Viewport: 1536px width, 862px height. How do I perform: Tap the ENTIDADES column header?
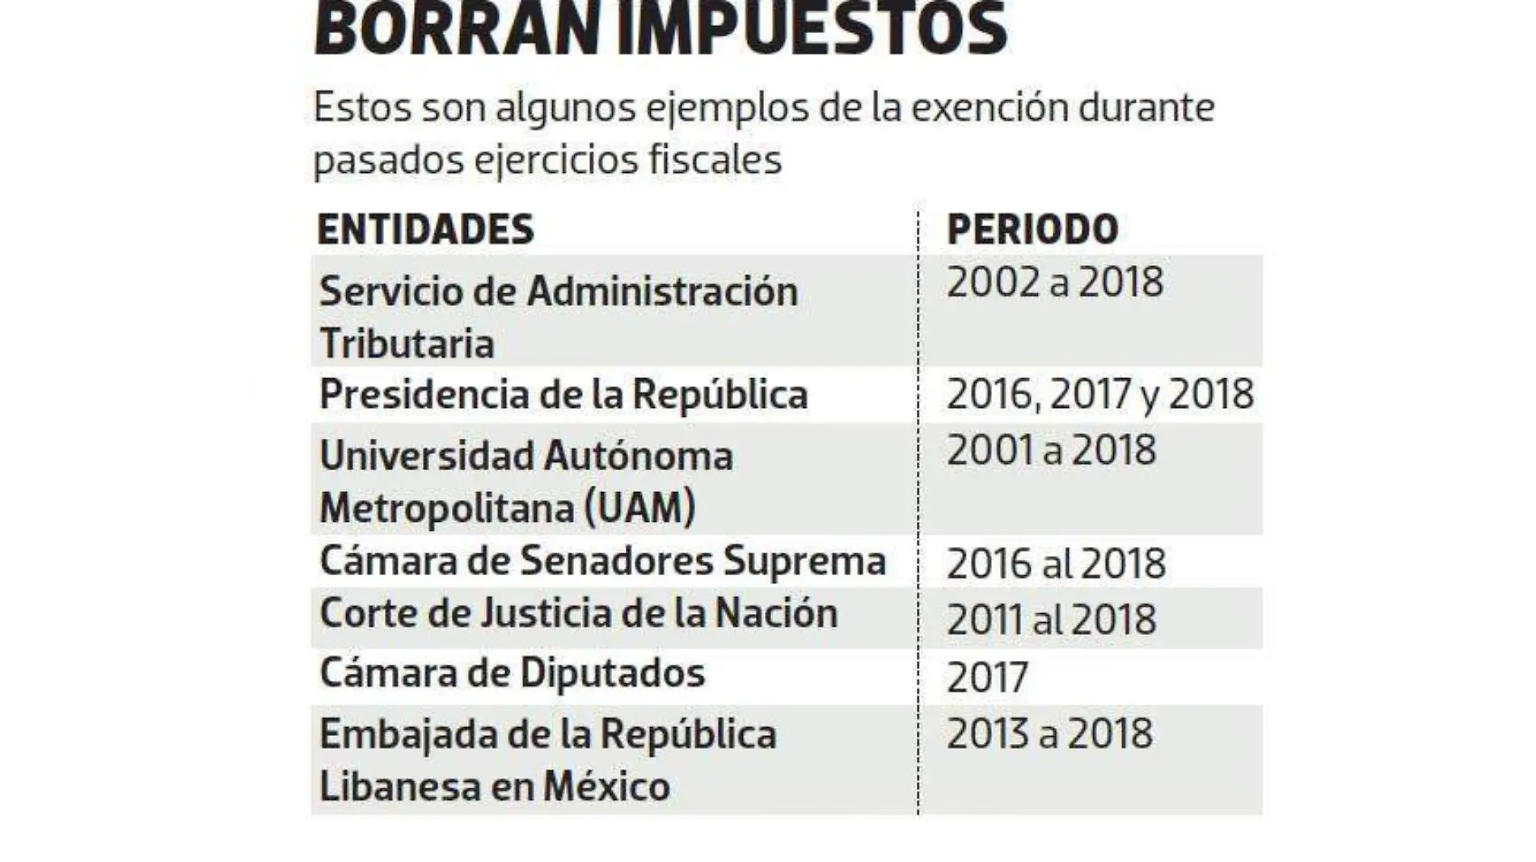425,229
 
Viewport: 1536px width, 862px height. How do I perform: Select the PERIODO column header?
1032,229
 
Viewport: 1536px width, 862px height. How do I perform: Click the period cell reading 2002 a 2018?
1054,283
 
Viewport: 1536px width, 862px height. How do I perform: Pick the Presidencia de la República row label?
563,395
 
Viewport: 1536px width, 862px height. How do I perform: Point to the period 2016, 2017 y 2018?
1099,394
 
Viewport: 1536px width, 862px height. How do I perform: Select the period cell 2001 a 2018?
1051,451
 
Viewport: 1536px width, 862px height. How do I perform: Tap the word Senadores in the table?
616,561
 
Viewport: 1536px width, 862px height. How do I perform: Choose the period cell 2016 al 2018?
1056,563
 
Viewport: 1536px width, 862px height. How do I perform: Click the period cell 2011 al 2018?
1051,620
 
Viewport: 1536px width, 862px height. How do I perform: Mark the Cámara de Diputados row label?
512,673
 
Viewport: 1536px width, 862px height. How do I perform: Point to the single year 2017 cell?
986,677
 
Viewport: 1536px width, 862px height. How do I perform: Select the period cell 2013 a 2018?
1049,734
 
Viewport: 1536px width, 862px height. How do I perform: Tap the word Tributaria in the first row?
407,343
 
